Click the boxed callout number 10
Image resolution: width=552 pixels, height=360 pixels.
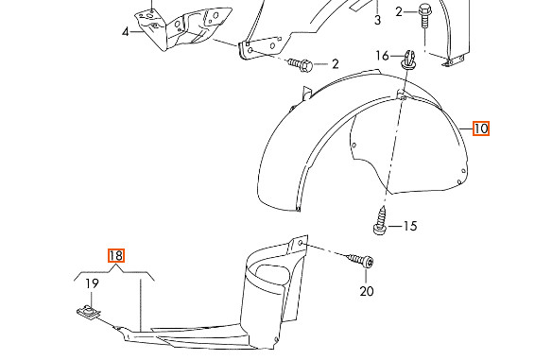click(x=481, y=129)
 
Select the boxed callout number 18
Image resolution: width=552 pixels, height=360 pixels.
click(x=116, y=255)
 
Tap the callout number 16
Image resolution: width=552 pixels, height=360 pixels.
click(x=382, y=56)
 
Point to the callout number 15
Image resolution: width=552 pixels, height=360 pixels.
click(x=410, y=226)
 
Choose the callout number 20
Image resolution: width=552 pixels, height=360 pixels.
click(x=367, y=291)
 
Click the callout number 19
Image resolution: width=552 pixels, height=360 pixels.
click(x=92, y=283)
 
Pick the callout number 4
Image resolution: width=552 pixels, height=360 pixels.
click(x=126, y=32)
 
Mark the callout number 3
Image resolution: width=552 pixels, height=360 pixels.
click(x=377, y=20)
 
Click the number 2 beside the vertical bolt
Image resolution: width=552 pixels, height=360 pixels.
click(x=399, y=12)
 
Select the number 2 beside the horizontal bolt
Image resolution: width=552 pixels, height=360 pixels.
click(x=336, y=64)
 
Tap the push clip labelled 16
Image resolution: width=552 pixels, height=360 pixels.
click(x=408, y=60)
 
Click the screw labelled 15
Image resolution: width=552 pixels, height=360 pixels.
click(x=381, y=221)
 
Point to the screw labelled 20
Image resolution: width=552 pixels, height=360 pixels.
click(x=360, y=261)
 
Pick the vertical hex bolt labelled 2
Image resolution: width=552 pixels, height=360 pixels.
click(x=425, y=17)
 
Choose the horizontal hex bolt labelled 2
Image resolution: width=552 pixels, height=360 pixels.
click(x=301, y=65)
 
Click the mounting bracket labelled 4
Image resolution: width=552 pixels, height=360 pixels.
click(x=183, y=28)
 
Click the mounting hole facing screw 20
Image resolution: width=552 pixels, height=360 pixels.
click(x=301, y=243)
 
